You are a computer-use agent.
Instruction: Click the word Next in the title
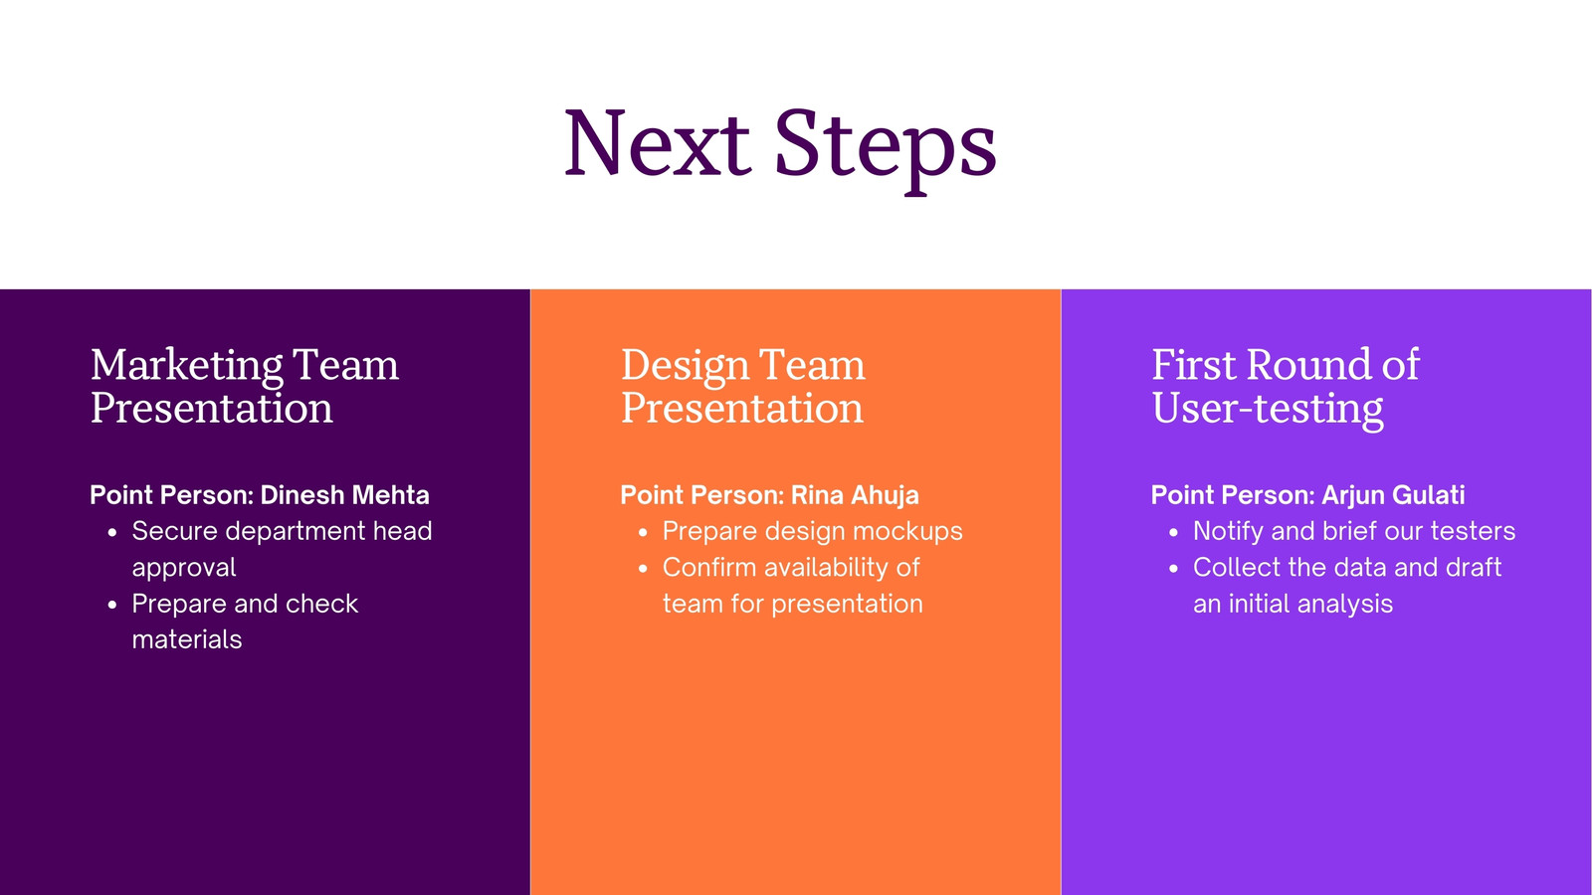click(658, 143)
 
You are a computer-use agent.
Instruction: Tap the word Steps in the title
click(886, 150)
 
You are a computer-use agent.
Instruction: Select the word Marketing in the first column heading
click(187, 367)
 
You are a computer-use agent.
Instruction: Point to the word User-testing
click(1268, 410)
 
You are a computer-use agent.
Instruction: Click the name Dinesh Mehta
click(344, 495)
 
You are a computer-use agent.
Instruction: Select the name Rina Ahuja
click(855, 496)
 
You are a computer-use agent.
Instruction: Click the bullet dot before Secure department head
click(112, 533)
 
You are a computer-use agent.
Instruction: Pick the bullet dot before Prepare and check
click(112, 606)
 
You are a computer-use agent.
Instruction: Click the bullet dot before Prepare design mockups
click(643, 533)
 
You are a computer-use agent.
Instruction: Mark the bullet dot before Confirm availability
click(643, 569)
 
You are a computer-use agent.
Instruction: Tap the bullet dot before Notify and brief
click(1173, 533)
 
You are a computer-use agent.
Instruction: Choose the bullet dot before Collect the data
click(1173, 569)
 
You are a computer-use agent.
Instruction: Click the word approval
click(184, 568)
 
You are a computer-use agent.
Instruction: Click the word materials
click(187, 639)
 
